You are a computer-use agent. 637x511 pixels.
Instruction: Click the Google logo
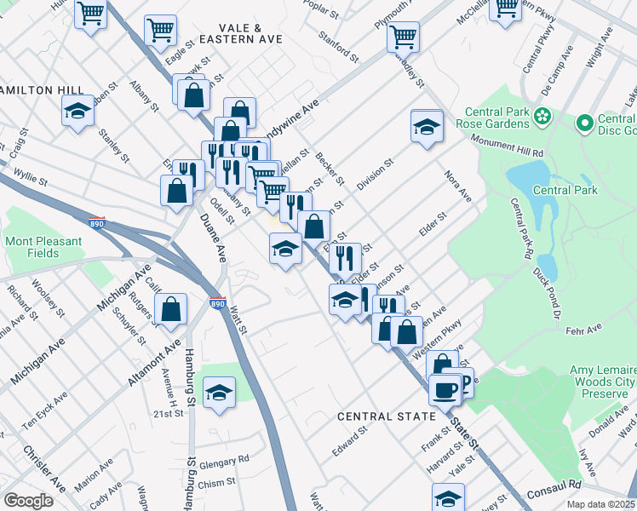[x=29, y=501]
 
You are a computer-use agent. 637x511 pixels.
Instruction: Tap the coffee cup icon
[x=444, y=390]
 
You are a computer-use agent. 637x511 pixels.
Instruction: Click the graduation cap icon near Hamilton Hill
[x=77, y=111]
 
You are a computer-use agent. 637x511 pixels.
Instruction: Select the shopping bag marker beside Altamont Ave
[x=171, y=311]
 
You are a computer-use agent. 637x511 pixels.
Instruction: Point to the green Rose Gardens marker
[x=542, y=115]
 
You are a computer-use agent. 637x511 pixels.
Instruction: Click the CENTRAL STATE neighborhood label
[x=387, y=416]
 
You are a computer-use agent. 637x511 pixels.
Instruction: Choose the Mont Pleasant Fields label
[x=44, y=247]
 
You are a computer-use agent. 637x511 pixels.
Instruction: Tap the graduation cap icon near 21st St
[x=220, y=393]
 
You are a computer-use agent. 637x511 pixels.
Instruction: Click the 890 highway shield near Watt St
[x=218, y=303]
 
